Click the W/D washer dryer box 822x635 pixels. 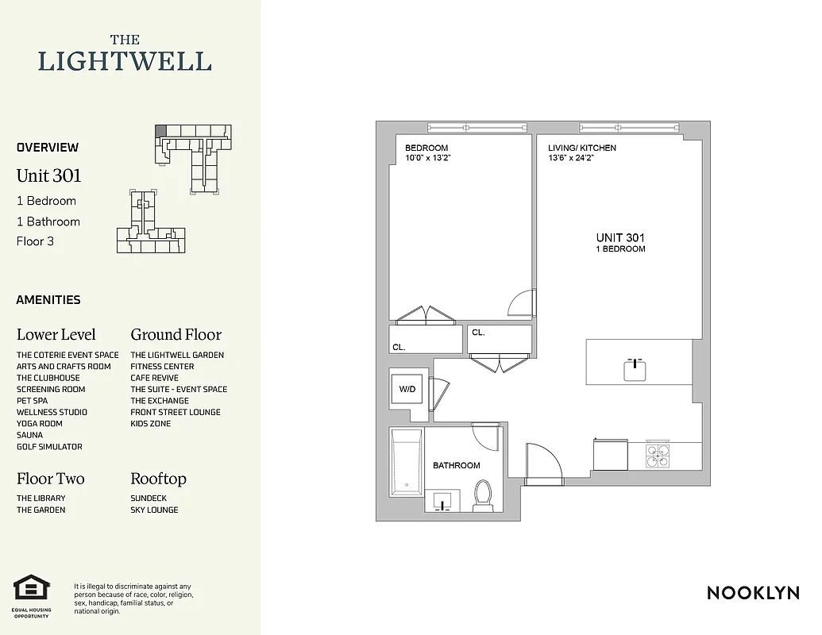[407, 390]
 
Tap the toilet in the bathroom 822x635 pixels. [481, 497]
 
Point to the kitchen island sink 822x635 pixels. [635, 369]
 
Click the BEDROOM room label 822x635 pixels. [426, 148]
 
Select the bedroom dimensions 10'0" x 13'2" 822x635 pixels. [427, 158]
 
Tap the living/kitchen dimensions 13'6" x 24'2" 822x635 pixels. [571, 158]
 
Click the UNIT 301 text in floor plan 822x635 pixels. [620, 237]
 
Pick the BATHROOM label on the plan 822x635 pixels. [456, 465]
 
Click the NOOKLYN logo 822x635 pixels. [753, 592]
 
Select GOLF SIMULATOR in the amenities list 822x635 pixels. [49, 447]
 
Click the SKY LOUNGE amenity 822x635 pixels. [154, 510]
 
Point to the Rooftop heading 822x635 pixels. [158, 479]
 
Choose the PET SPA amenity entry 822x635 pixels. [32, 401]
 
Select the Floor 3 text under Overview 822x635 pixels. [35, 241]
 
